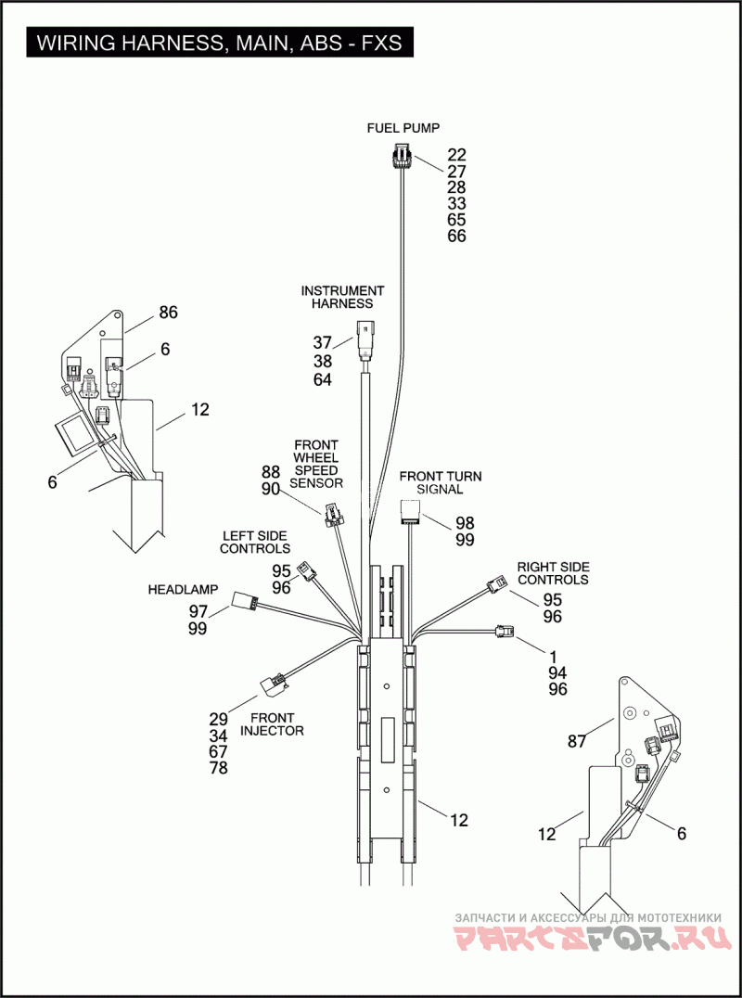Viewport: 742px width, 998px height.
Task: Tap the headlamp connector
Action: pyautogui.click(x=247, y=601)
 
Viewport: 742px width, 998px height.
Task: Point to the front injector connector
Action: pyautogui.click(x=275, y=685)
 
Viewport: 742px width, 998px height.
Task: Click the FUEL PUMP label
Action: pyautogui.click(x=403, y=128)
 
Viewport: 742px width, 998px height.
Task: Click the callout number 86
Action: pyautogui.click(x=168, y=313)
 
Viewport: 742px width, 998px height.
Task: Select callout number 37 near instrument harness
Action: pyautogui.click(x=322, y=342)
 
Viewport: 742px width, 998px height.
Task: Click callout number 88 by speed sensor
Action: pyautogui.click(x=270, y=472)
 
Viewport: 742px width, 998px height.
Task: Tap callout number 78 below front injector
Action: pyautogui.click(x=218, y=768)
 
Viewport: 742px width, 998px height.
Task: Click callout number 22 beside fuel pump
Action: pyautogui.click(x=456, y=155)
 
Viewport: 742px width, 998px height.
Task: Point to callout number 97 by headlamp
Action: pyautogui.click(x=198, y=611)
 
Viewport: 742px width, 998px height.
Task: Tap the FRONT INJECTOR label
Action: pyautogui.click(x=272, y=723)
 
